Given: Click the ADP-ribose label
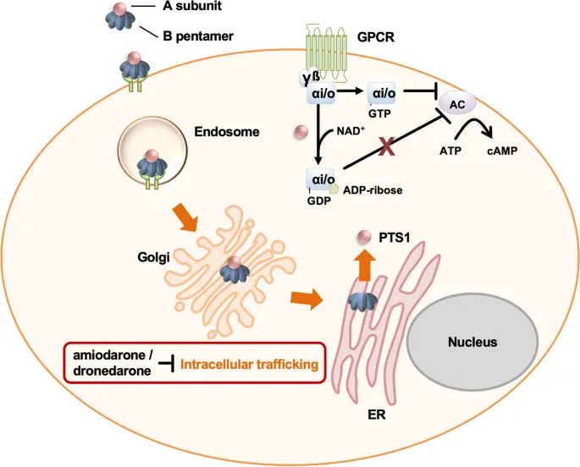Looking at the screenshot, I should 374,191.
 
